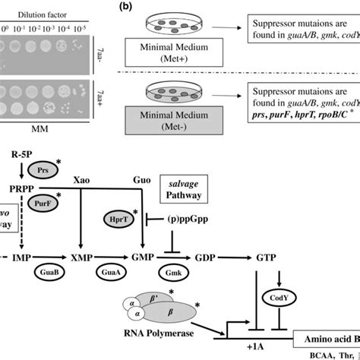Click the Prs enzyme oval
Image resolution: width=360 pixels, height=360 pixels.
click(39, 171)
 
